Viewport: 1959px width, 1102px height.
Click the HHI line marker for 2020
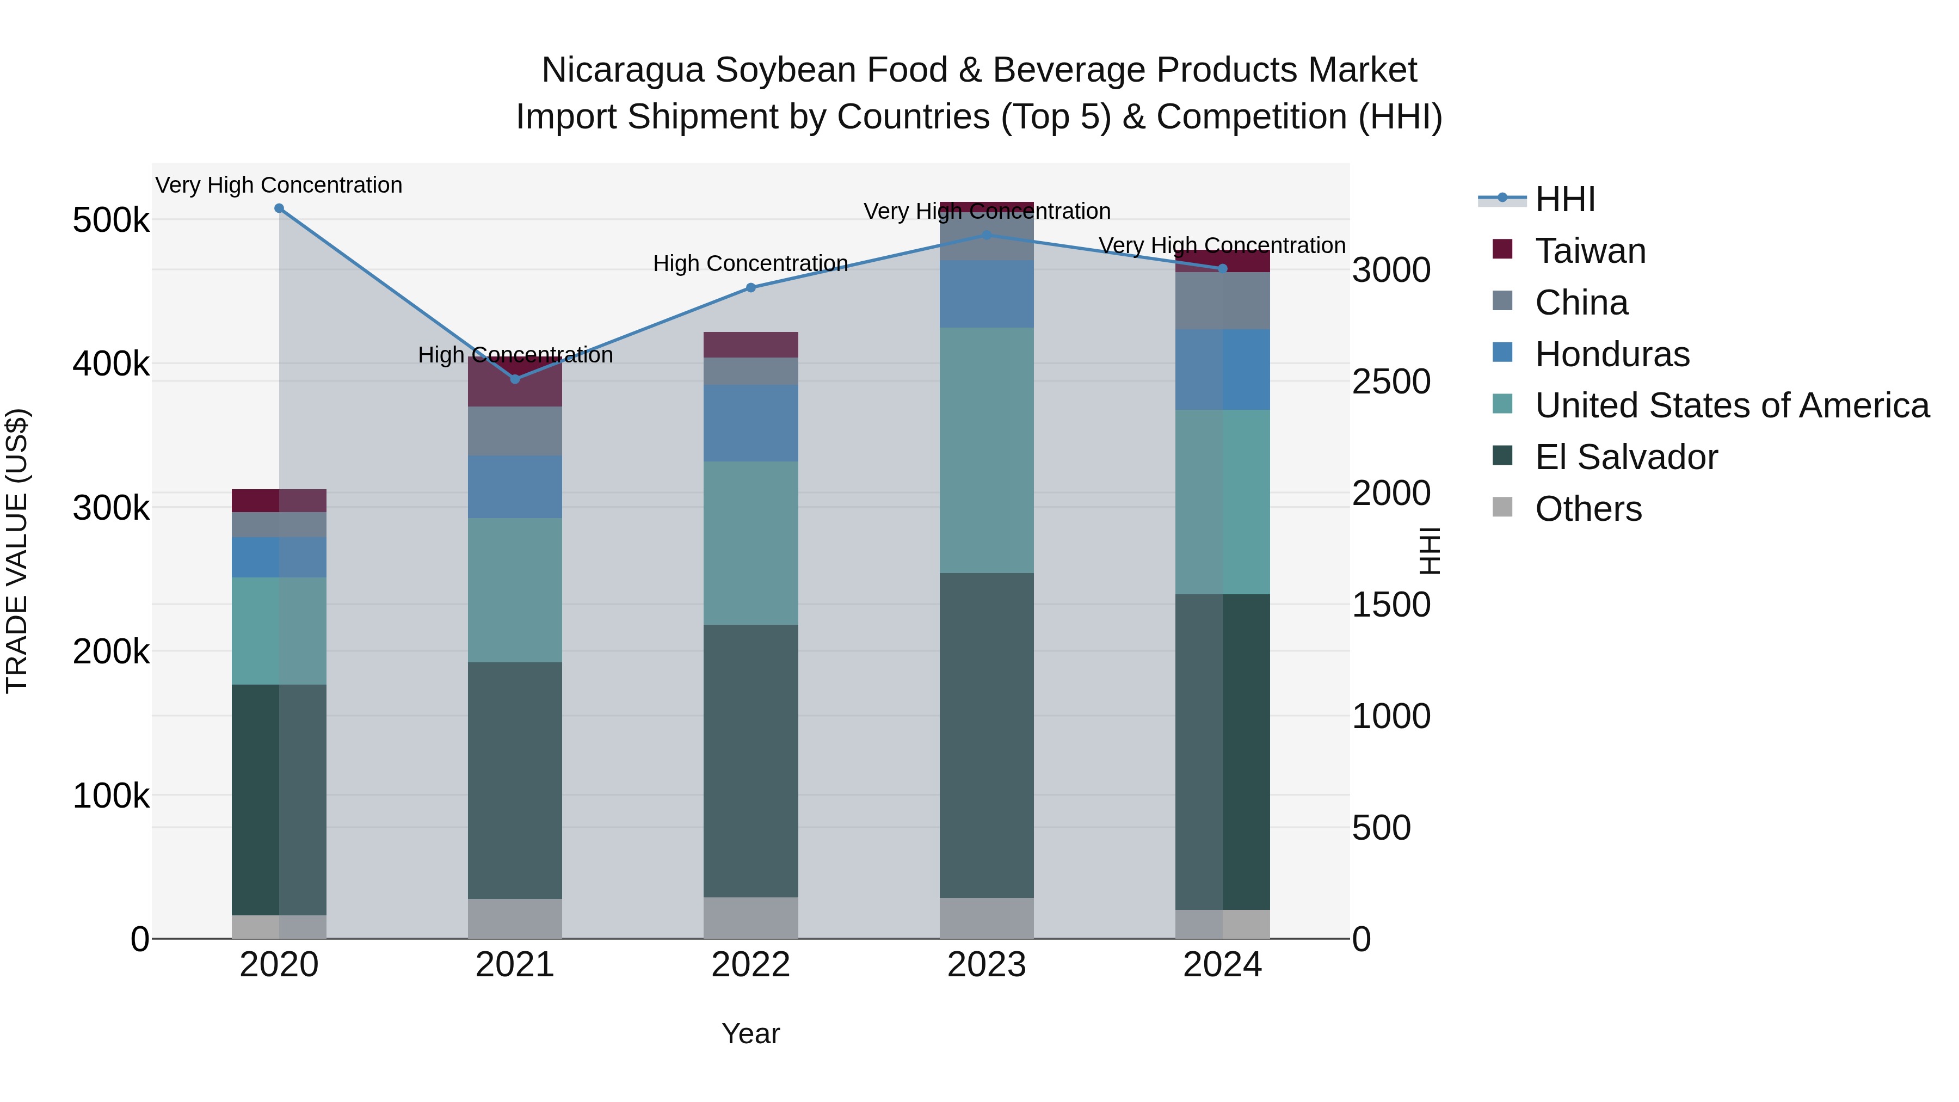(279, 208)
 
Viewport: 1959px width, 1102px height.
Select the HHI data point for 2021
(515, 379)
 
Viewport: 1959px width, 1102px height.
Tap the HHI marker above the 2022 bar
(750, 287)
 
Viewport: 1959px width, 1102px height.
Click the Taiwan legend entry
(1590, 251)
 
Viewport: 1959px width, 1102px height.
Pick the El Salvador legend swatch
(1502, 457)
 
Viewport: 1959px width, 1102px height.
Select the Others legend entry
(1588, 509)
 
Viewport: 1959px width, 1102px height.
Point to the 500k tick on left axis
(111, 220)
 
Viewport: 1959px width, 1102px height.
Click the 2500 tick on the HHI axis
(1391, 382)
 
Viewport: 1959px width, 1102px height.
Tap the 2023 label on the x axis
(987, 965)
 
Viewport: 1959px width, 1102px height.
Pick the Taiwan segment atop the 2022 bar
(750, 344)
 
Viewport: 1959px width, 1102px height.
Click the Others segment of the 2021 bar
(515, 918)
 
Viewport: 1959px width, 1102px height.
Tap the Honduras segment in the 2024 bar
(1223, 370)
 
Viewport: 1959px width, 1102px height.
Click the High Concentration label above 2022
(750, 264)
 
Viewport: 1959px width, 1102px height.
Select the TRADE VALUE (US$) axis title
(17, 551)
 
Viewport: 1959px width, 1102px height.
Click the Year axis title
(750, 1033)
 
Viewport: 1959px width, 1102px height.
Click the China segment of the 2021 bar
(515, 431)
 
